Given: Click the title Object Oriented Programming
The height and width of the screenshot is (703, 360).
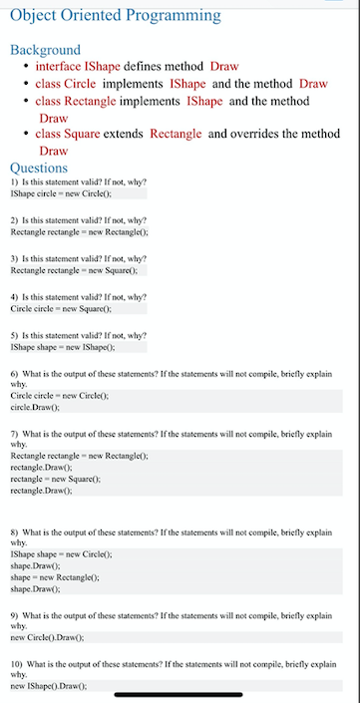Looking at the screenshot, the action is click(x=115, y=15).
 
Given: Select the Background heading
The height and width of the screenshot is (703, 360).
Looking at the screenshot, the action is click(x=45, y=50).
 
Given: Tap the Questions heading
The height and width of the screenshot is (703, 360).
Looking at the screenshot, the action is click(x=39, y=168).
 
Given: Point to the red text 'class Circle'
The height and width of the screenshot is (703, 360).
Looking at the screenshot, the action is click(x=66, y=84).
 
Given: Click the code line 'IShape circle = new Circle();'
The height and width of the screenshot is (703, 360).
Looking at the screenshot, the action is click(x=60, y=192).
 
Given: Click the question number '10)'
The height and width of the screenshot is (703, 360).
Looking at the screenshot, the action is click(x=17, y=664).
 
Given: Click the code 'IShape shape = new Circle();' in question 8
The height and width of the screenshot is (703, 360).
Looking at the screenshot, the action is click(x=60, y=553).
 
